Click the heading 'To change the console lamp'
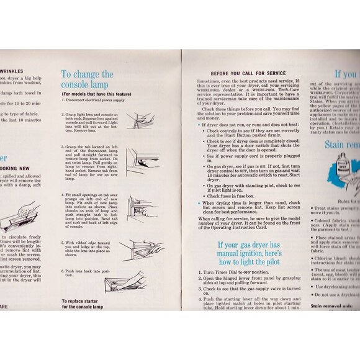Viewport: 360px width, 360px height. tap(87, 79)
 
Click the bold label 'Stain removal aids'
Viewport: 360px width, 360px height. tap(335, 306)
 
